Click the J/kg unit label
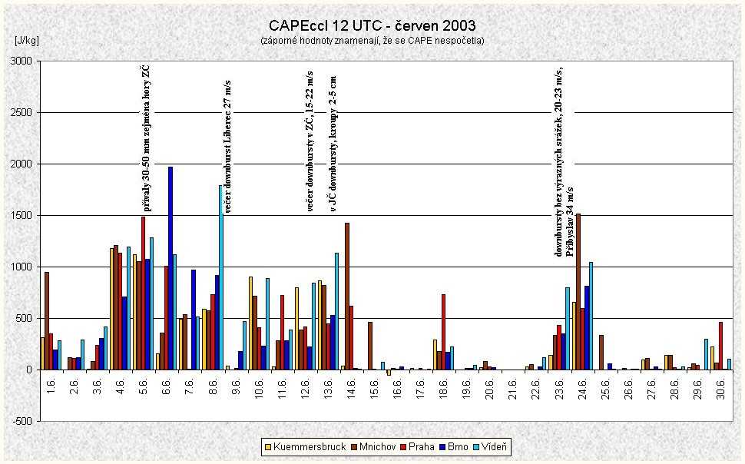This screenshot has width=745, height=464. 26,39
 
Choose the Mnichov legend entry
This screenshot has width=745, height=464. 368,446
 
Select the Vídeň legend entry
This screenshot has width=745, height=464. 489,446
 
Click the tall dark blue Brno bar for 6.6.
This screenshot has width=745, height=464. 171,268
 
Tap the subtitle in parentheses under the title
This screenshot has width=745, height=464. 372,40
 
